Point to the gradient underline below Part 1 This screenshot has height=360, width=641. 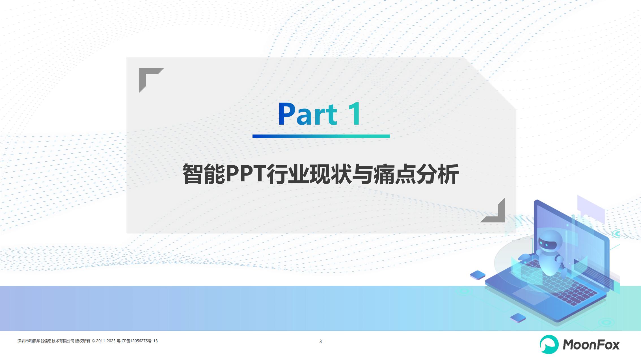point(321,136)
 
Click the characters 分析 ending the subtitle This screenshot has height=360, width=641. point(437,174)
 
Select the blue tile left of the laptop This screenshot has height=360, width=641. point(478,275)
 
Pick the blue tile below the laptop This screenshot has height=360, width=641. point(518,318)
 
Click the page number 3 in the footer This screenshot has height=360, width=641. point(320,341)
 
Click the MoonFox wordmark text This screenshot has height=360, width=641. point(591,345)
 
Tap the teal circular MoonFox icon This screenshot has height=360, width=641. point(549,344)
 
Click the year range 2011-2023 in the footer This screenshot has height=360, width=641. point(106,341)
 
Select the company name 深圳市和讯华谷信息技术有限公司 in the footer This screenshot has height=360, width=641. point(46,341)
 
